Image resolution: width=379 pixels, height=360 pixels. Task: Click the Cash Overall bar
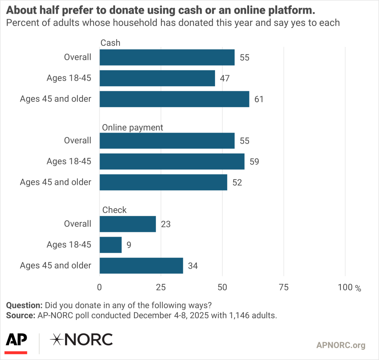coord(167,57)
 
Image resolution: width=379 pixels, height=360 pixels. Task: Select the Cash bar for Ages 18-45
coord(157,78)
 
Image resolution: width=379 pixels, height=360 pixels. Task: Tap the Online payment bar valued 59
coord(172,161)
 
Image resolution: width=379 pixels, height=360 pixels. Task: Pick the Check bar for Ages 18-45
coord(111,245)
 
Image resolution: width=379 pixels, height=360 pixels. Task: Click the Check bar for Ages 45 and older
coord(141,266)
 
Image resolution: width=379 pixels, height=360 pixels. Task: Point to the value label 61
coord(259,99)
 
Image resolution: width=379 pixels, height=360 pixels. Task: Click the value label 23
coord(165,224)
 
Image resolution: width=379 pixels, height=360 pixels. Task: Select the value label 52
coord(237,183)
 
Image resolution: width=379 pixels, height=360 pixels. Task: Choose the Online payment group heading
coord(133,127)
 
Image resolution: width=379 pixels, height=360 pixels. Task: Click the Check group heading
coord(114,210)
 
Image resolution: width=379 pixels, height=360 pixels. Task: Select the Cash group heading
coord(111,43)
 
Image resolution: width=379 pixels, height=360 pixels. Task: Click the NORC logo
coord(81,339)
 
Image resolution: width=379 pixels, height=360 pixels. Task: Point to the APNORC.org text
coord(341,345)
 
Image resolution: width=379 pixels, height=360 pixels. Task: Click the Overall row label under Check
coord(77,224)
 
